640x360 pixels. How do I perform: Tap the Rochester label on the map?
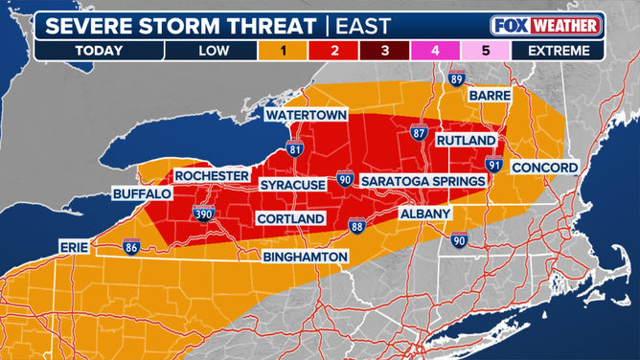click(212, 177)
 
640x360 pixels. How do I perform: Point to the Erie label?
click(73, 246)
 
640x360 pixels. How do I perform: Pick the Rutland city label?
click(465, 141)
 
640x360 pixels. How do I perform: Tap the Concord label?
click(543, 168)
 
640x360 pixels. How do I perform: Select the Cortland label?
click(290, 219)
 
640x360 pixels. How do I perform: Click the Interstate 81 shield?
click(296, 148)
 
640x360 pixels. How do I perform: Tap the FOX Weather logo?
click(547, 25)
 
